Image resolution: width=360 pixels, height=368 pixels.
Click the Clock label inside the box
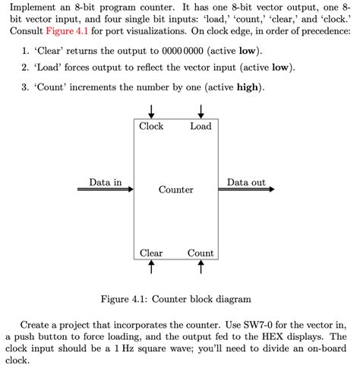[151, 126]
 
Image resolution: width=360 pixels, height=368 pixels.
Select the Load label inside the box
[201, 126]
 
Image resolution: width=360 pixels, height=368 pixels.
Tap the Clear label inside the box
[151, 253]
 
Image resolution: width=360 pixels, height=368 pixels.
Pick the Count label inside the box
[201, 253]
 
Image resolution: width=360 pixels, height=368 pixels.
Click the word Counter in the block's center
[175, 190]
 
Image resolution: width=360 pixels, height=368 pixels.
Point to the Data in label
[105, 182]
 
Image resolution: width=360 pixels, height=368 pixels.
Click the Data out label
[246, 182]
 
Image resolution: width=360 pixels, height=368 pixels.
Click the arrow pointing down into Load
[201, 111]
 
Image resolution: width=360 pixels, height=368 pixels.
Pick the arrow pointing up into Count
[201, 266]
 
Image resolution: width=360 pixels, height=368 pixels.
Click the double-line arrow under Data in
[106, 190]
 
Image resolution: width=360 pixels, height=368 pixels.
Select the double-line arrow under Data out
[248, 190]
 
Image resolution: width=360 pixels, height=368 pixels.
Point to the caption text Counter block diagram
[200, 299]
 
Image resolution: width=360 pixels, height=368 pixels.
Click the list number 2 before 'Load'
[24, 68]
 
